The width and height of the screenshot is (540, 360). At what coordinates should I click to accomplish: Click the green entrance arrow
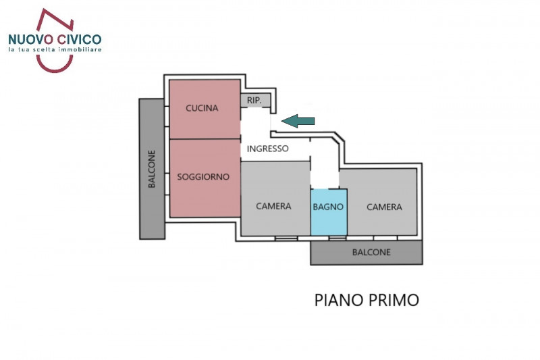coord(298,121)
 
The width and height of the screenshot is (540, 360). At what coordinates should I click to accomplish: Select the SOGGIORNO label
coord(203,177)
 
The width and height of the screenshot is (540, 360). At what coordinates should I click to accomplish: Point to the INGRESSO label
coord(268,149)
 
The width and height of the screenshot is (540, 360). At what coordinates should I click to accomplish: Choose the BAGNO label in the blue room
coord(329,207)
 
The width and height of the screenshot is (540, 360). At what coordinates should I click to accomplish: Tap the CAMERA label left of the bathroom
coord(273,207)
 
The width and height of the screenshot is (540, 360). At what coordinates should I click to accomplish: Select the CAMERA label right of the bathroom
coord(384,207)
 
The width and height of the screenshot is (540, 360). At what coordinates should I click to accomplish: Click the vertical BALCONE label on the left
coord(152,169)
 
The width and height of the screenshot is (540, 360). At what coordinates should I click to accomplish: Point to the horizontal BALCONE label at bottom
coord(371,253)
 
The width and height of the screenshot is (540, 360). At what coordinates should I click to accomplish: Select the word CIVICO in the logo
coord(80,39)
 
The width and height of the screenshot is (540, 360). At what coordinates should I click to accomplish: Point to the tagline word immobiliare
coord(76,51)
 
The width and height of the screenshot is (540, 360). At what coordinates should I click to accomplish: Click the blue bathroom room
coord(329,220)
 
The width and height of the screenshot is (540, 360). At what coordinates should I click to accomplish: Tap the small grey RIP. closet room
coord(256,101)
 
